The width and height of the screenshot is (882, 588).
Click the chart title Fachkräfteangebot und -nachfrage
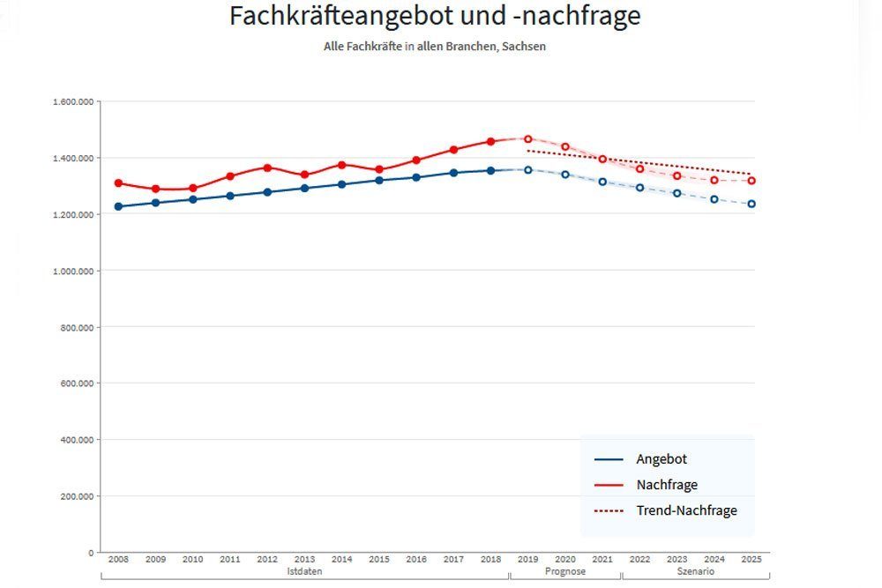pos(435,16)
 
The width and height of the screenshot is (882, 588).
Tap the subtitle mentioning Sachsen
pos(435,46)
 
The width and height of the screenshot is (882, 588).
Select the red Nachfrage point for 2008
pos(118,183)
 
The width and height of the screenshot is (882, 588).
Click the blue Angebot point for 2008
pos(118,206)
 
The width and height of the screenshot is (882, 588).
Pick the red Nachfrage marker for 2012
pos(267,167)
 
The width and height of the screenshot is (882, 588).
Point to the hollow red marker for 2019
pos(528,138)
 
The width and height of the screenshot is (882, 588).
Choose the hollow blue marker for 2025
pos(751,204)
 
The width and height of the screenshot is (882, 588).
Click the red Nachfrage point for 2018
pos(491,141)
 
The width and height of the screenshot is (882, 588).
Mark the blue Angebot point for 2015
pos(379,180)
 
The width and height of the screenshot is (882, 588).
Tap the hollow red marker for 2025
pos(751,181)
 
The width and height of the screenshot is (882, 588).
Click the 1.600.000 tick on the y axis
pos(73,101)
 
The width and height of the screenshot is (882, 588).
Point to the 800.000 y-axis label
pos(77,327)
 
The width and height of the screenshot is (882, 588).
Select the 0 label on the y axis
pos(90,553)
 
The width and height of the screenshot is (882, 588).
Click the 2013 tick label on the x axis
pos(304,560)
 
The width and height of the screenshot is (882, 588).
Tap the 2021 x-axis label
pos(602,560)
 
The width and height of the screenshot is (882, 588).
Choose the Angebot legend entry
pos(661,459)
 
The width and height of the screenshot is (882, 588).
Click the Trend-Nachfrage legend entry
pos(685,510)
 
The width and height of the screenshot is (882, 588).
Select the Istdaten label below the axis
pos(304,572)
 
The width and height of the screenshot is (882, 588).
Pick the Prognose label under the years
pos(564,572)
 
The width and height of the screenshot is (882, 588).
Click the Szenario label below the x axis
pos(696,572)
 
